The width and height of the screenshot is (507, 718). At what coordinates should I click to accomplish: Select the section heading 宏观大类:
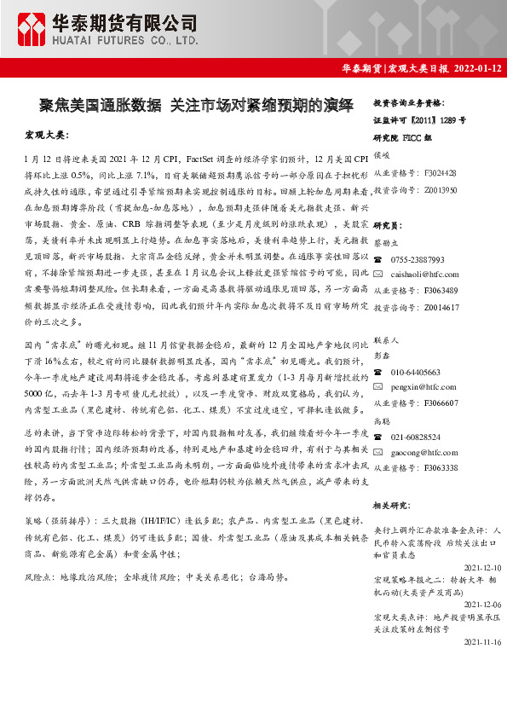[47, 135]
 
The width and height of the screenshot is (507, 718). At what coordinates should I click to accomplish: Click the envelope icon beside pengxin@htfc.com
[378, 387]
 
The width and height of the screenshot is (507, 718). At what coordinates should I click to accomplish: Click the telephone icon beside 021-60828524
[378, 437]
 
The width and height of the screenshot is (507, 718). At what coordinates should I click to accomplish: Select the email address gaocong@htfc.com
[424, 452]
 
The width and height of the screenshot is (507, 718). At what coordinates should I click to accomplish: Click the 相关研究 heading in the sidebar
[394, 506]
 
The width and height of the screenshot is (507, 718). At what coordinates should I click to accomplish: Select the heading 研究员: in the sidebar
[388, 225]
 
